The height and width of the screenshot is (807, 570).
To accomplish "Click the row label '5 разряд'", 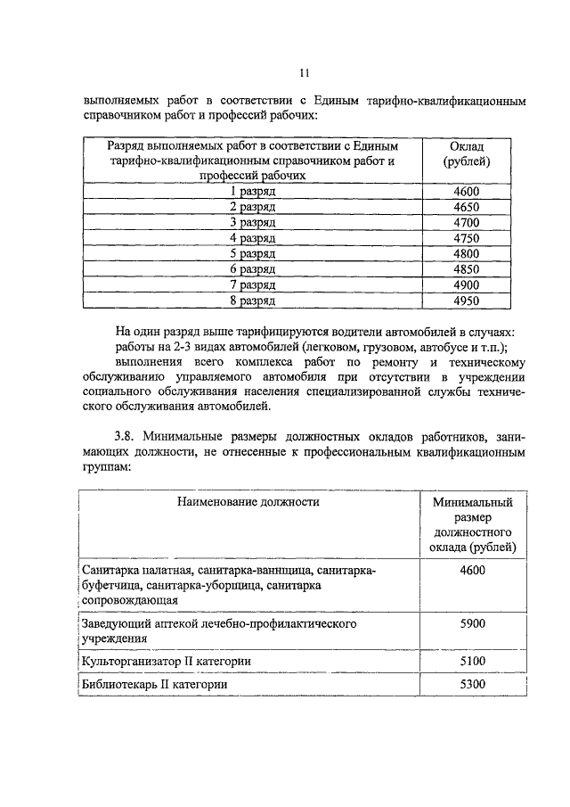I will [x=252, y=253].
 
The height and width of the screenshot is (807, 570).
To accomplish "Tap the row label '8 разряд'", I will [x=252, y=301].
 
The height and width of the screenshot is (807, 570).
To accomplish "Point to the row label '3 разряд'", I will [x=252, y=222].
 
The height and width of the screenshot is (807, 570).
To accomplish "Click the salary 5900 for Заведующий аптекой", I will [x=472, y=623].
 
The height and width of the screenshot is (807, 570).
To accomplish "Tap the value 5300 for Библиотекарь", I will [x=472, y=684].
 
